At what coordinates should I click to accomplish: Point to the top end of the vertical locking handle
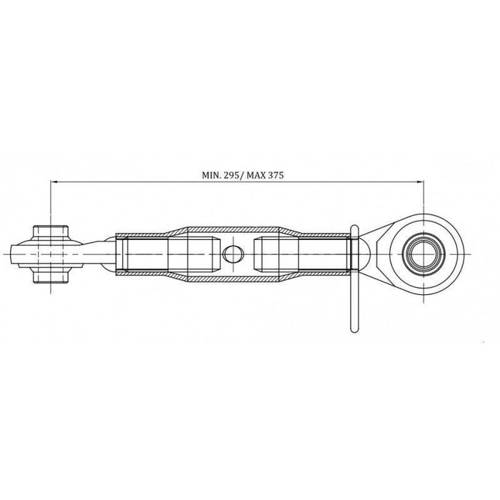click(353, 227)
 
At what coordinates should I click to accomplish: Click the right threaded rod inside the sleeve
click(325, 254)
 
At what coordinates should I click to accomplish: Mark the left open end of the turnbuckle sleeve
click(117, 254)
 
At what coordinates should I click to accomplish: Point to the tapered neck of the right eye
click(379, 254)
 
